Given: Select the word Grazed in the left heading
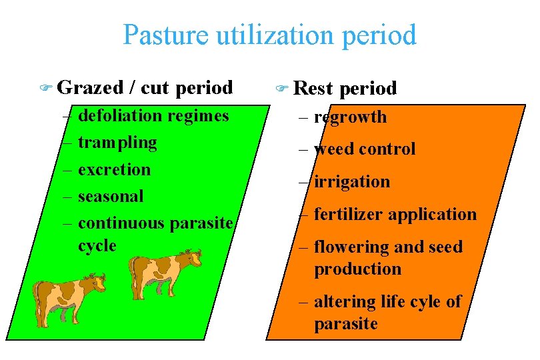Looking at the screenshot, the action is (x=91, y=87).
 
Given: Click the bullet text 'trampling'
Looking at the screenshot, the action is (x=117, y=142).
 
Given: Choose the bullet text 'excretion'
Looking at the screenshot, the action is (x=114, y=169).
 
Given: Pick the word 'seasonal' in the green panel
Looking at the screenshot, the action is (x=111, y=196).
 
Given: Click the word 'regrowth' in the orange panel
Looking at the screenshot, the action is (x=350, y=117).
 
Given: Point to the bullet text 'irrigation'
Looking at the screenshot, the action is (x=351, y=181).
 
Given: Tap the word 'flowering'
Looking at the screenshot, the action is (x=349, y=247).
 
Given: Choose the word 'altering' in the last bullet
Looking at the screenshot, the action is (x=341, y=301).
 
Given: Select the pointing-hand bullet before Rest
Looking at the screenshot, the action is (x=281, y=88).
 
